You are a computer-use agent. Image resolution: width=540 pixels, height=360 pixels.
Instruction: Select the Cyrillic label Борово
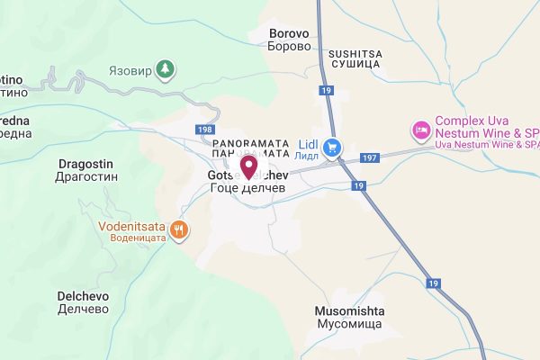pos(290,46)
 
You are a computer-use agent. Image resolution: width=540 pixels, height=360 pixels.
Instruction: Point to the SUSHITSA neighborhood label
pos(355,54)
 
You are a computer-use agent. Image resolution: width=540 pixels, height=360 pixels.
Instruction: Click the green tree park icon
pos(164,67)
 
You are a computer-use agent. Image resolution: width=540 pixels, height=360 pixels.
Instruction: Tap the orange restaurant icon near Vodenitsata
pos(179,230)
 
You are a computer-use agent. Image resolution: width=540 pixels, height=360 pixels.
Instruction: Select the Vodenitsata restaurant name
pos(137,226)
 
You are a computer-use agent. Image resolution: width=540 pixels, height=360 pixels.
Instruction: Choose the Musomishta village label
pos(349,310)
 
